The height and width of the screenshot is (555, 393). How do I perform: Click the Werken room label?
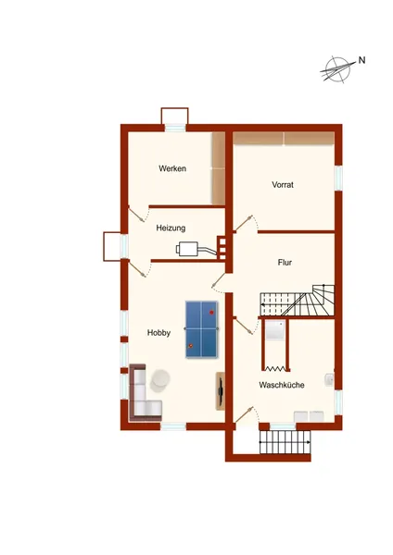click(x=172, y=168)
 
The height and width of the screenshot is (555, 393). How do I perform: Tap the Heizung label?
click(x=171, y=228)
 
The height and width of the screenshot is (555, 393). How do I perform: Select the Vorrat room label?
click(x=283, y=184)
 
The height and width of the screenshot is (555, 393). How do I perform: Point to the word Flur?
click(x=285, y=263)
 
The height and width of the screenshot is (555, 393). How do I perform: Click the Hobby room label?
click(x=158, y=333)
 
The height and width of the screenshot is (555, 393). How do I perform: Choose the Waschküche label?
click(x=282, y=385)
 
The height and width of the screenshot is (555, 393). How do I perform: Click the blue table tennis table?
click(x=201, y=329)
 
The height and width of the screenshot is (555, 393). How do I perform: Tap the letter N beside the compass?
click(x=361, y=60)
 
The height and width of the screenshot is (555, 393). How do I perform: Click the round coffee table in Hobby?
click(x=160, y=380)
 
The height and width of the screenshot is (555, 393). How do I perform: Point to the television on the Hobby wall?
click(x=221, y=391)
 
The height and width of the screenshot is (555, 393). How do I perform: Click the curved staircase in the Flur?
click(x=298, y=301)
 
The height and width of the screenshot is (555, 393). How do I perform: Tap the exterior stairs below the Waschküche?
click(x=285, y=442)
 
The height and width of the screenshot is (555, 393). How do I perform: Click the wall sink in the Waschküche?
click(x=330, y=379)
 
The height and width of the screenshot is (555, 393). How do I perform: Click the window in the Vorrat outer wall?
click(x=338, y=178)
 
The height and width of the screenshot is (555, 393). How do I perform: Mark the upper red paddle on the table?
click(x=211, y=313)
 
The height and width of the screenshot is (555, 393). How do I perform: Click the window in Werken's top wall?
click(x=175, y=128)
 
